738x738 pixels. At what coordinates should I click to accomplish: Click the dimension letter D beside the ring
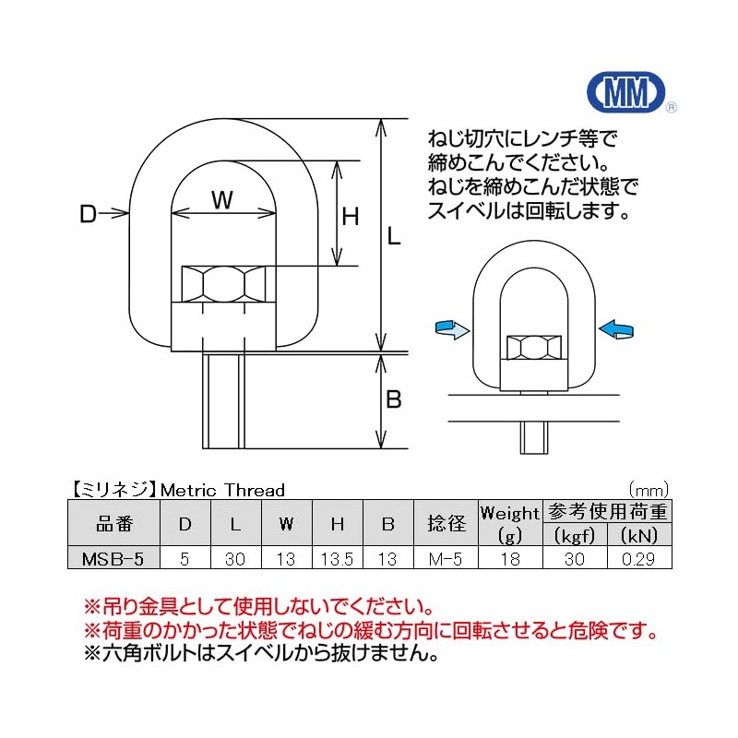click(89, 215)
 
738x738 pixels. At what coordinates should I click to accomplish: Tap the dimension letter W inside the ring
click(222, 199)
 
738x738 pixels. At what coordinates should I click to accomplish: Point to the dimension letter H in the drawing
click(351, 218)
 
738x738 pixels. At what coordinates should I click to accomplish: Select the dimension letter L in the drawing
click(394, 237)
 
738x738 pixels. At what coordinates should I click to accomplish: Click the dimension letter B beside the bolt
click(394, 400)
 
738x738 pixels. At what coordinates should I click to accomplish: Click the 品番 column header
click(115, 524)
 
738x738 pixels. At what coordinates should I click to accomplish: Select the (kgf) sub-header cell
click(575, 536)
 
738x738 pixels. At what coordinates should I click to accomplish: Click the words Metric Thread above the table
click(222, 490)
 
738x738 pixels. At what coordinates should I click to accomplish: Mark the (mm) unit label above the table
click(649, 490)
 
